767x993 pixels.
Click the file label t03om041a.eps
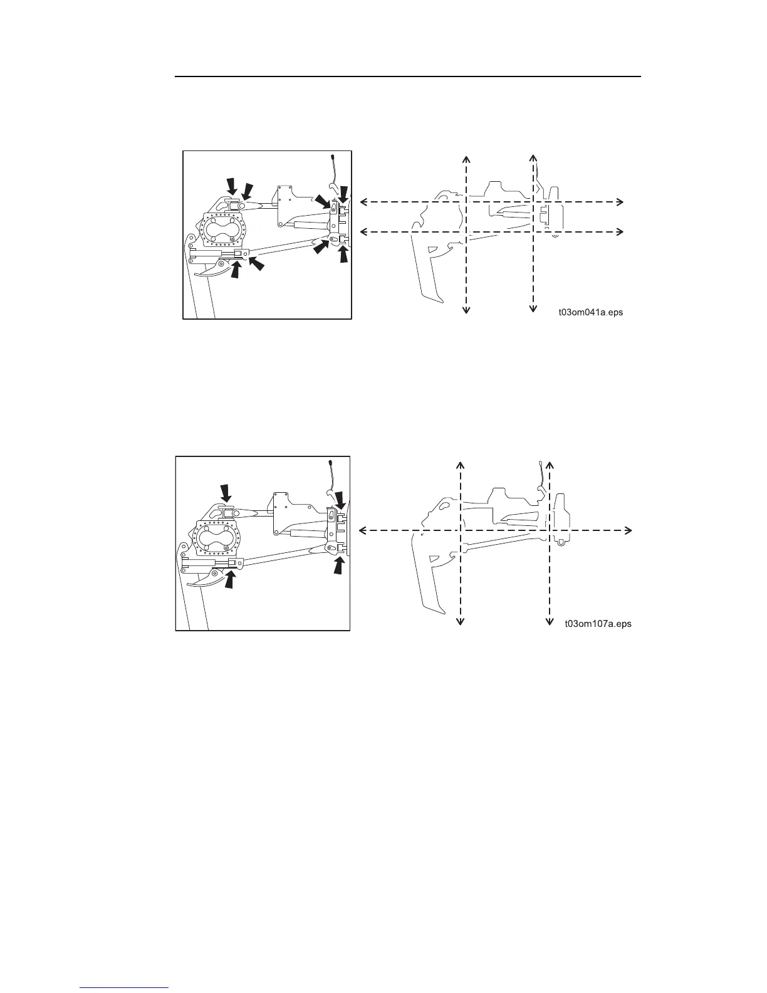coord(590,312)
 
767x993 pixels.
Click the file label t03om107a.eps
coord(598,624)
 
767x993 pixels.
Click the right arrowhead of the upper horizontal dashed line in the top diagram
coord(620,202)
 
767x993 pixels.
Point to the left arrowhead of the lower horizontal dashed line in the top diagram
coord(364,232)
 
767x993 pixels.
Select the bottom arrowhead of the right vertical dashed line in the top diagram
coord(533,307)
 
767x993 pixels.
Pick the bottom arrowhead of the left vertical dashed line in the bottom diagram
coord(461,621)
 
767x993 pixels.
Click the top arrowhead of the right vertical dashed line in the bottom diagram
coord(550,465)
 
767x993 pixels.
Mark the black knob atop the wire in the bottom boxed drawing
coord(330,463)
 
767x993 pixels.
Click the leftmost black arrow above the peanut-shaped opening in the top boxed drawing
coord(232,185)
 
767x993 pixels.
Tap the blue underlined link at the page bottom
coord(125,988)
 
